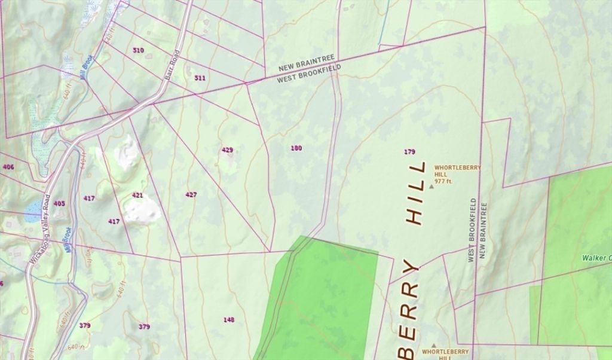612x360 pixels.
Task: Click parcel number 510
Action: click(x=138, y=50)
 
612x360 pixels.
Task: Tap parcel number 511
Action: click(x=200, y=78)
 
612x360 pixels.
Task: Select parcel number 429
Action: click(x=227, y=150)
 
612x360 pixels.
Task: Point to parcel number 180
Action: click(x=296, y=148)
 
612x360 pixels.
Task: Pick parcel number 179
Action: click(x=409, y=151)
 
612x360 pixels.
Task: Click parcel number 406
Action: click(x=8, y=167)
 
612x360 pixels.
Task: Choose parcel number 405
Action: click(x=59, y=203)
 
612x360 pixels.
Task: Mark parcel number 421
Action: click(x=137, y=195)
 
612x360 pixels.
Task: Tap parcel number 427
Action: click(x=191, y=194)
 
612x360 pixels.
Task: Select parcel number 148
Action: click(x=229, y=319)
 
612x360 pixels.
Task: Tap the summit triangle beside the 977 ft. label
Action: click(x=432, y=187)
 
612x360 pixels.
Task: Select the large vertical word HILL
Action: click(x=416, y=192)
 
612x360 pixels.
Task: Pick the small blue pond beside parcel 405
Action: click(x=33, y=208)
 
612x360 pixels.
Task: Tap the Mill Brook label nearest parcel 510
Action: click(x=87, y=68)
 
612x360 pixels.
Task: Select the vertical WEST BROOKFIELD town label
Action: click(x=472, y=230)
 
